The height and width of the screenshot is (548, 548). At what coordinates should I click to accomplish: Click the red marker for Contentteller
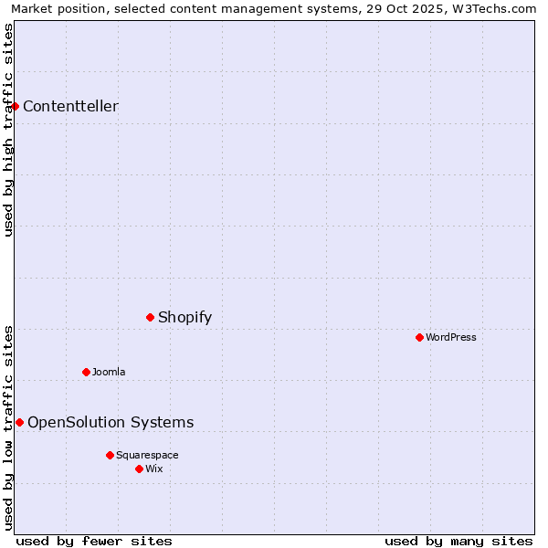[16, 106]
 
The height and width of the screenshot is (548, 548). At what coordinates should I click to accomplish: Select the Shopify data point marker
[151, 317]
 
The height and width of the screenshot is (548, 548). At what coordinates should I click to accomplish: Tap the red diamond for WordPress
[420, 337]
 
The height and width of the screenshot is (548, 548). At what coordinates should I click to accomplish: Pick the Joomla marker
[87, 372]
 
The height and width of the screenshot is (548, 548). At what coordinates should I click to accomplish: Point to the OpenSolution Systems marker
[20, 422]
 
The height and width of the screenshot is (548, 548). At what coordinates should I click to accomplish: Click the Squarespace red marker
[111, 455]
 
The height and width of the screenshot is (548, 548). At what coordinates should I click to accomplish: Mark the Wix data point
[140, 469]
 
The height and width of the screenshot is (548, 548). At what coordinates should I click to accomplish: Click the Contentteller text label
[70, 106]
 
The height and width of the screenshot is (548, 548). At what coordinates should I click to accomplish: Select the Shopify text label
[184, 317]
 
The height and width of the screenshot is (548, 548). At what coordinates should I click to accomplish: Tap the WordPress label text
[451, 337]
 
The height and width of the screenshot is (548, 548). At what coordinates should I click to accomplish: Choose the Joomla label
[109, 372]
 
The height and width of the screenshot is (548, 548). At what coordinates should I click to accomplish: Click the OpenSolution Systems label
[111, 422]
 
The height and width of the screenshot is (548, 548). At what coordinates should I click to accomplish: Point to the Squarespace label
[147, 455]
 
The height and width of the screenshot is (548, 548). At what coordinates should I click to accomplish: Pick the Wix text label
[154, 469]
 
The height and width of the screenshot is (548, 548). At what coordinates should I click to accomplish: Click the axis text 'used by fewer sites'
[94, 541]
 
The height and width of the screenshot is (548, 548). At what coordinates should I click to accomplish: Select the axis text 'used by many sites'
[458, 541]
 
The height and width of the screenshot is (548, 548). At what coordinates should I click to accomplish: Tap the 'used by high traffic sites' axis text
[8, 130]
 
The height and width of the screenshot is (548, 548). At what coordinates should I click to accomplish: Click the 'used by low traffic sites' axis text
[8, 427]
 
